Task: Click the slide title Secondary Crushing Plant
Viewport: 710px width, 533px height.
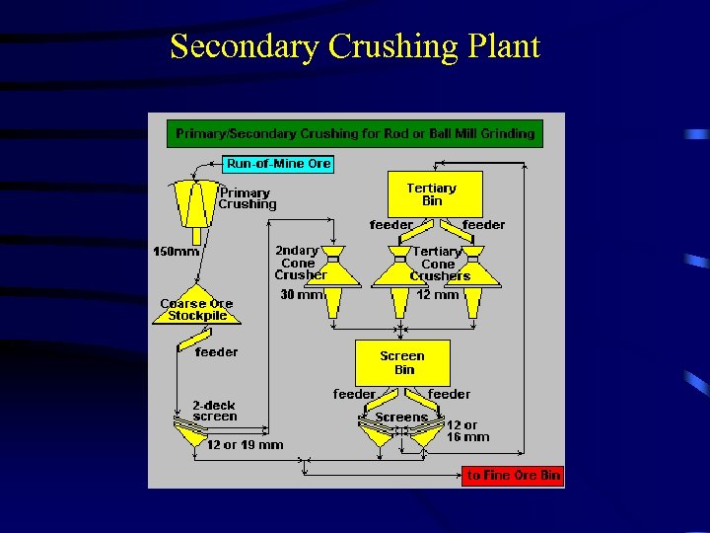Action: tap(355, 47)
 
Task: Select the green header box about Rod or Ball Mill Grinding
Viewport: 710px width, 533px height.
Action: tap(355, 133)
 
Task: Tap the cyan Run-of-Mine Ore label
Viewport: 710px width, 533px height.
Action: tap(279, 164)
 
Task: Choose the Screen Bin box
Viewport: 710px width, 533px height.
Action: tap(402, 362)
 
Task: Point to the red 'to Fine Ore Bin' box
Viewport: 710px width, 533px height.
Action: tap(513, 476)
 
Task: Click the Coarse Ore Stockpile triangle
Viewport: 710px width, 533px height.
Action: tap(196, 310)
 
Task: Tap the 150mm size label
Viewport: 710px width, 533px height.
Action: tap(176, 252)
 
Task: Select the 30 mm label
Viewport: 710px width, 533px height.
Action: tap(302, 294)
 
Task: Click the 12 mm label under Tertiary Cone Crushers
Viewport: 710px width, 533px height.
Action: tap(437, 294)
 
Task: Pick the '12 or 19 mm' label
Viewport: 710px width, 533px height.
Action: tap(245, 444)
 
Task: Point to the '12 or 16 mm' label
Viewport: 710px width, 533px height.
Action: tap(467, 430)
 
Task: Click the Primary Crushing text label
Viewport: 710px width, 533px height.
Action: tap(248, 197)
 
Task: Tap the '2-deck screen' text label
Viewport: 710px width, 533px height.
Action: tap(215, 411)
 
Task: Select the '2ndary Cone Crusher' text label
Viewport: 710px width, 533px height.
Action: tap(301, 263)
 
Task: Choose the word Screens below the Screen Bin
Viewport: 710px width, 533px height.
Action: tap(401, 418)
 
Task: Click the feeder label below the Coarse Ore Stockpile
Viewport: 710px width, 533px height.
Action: tap(216, 351)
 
